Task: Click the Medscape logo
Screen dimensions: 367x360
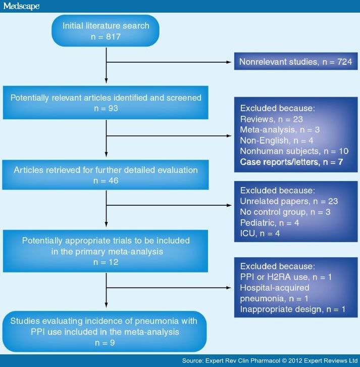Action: click(x=21, y=6)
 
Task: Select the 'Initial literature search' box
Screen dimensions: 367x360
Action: click(x=106, y=32)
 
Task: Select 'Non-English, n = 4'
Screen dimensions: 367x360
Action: click(x=277, y=140)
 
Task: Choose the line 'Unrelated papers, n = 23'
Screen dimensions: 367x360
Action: click(x=289, y=201)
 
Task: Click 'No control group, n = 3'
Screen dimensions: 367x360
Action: click(x=285, y=212)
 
